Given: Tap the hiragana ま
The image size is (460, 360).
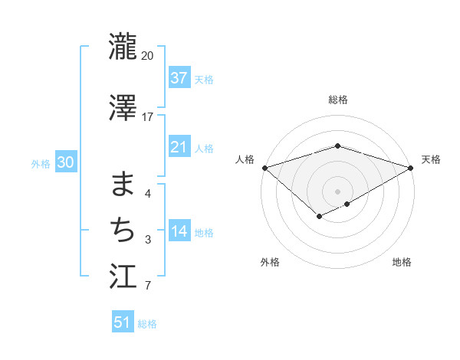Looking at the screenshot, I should coord(123,184).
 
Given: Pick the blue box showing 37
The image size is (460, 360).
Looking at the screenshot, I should coord(179,77).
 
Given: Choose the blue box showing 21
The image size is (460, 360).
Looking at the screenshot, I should coord(179,147).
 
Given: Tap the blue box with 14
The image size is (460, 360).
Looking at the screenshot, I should coord(179,232).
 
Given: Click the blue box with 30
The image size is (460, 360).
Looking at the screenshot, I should coord(65,162).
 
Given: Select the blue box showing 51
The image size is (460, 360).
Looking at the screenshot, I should coord(123,322).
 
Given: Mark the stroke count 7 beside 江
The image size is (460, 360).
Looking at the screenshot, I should coord(148,286).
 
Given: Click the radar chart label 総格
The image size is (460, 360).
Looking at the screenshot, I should coord(338,100).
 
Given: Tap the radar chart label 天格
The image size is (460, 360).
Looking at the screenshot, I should coord(431,159).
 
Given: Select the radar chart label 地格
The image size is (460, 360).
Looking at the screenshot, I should coord(402,263).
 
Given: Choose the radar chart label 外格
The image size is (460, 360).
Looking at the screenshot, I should coord(270,263).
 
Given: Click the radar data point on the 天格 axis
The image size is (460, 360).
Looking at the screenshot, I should coord(411,168).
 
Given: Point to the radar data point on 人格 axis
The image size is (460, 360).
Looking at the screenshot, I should coord(264,168).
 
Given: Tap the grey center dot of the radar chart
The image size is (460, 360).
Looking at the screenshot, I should coord(338,191).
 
